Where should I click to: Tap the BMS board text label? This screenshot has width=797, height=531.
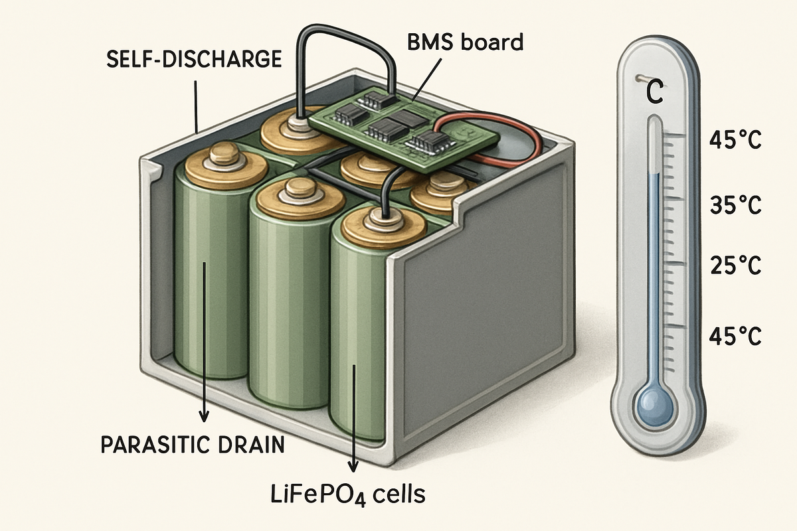[x=465, y=43]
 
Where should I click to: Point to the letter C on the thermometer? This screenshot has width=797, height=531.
[x=654, y=93]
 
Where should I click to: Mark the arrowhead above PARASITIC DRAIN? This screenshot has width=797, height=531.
[x=205, y=415]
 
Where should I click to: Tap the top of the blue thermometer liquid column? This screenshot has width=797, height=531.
[x=655, y=177]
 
